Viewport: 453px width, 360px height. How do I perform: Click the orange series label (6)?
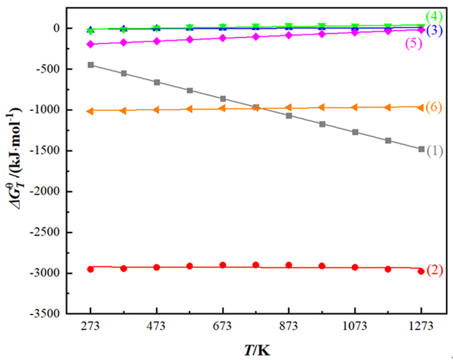click(434, 107)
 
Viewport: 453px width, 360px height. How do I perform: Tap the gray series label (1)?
click(434, 151)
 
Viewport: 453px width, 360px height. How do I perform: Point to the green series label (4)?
click(434, 16)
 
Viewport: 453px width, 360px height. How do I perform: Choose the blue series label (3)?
click(434, 30)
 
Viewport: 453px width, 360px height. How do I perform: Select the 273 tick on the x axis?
click(91, 326)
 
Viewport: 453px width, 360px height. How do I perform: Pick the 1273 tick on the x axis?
click(421, 326)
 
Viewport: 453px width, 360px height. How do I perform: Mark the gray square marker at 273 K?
click(91, 65)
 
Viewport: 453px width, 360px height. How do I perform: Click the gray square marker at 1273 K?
click(421, 149)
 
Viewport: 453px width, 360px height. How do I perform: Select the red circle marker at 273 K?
click(91, 269)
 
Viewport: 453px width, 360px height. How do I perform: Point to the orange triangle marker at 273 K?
click(91, 111)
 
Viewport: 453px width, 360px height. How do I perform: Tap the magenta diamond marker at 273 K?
click(91, 44)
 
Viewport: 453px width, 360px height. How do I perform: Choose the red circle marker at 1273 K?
click(421, 271)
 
